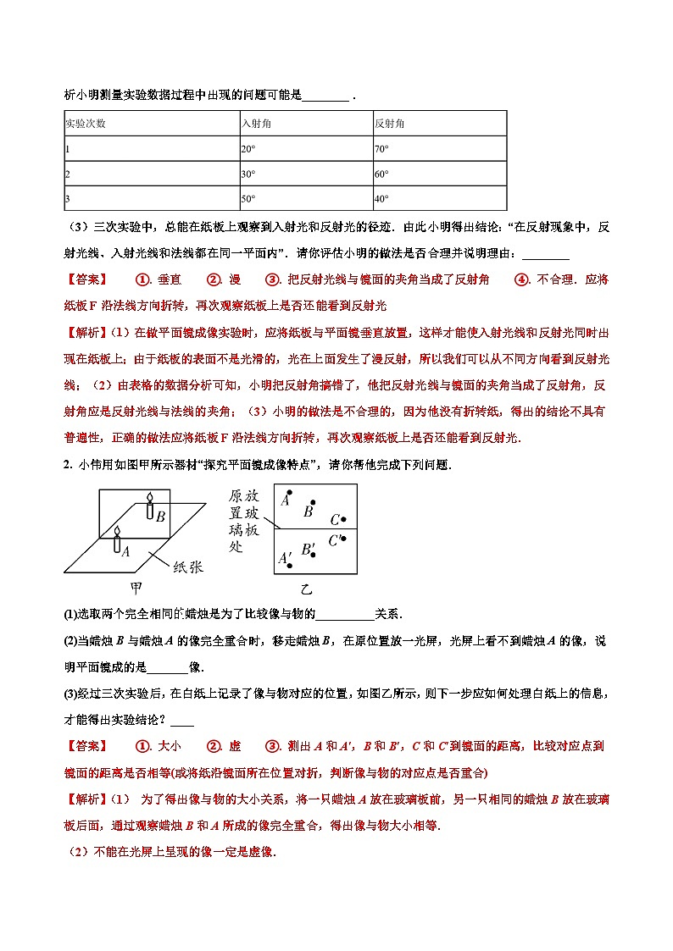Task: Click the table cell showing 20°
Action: click(x=248, y=149)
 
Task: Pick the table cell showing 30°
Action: click(x=248, y=174)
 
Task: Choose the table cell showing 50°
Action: click(x=248, y=199)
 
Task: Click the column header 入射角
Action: click(x=253, y=124)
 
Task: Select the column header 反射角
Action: click(x=389, y=124)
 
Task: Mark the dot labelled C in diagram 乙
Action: click(x=343, y=520)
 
